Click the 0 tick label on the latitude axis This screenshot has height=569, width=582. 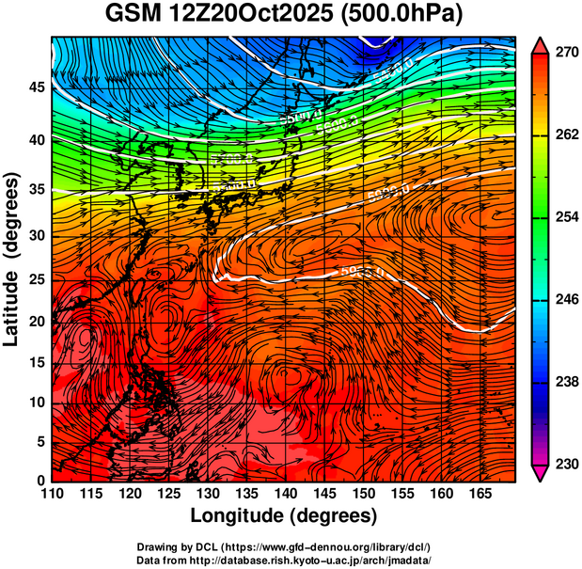pos(40,481)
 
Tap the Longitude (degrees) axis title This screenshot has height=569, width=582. pos(283,516)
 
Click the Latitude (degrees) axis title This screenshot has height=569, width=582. pos(13,259)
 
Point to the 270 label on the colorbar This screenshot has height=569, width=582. pos(562,54)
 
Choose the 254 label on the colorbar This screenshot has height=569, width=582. pos(562,218)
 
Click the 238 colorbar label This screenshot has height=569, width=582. pos(562,383)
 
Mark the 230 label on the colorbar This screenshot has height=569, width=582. pos(562,465)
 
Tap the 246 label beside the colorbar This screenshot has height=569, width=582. pos(562,301)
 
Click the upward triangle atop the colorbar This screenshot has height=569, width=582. pos(541,44)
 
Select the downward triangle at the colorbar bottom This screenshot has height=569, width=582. pos(541,474)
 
